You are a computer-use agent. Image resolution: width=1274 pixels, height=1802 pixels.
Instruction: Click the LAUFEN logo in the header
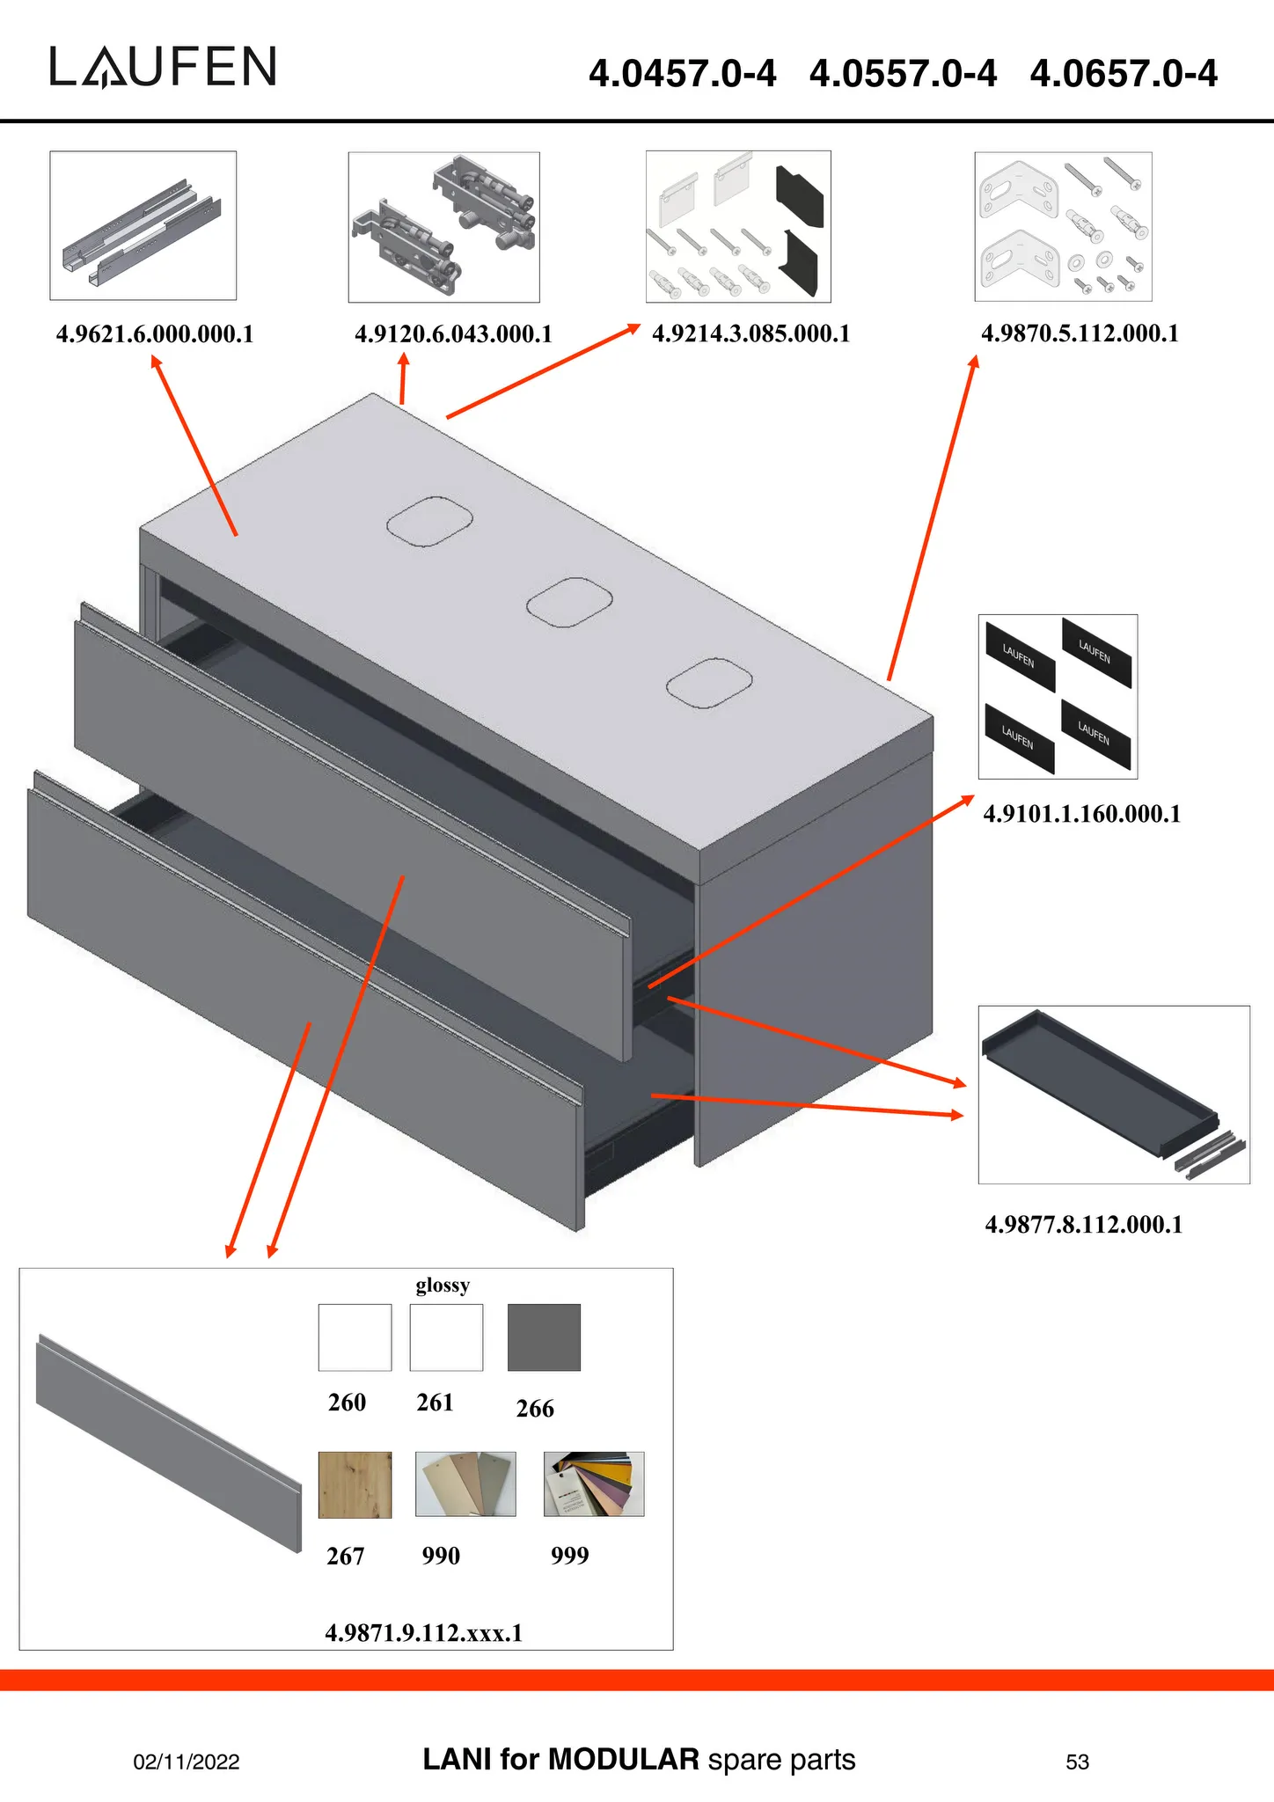pos(163,68)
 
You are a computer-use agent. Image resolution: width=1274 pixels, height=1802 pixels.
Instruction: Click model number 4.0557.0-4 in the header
pos(903,73)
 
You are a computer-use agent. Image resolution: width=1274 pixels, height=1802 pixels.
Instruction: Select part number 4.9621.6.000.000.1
pos(155,334)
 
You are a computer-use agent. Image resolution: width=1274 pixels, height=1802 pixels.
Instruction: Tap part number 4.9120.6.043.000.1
pos(453,334)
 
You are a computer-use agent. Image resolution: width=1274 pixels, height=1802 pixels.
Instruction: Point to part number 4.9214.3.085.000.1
pos(750,334)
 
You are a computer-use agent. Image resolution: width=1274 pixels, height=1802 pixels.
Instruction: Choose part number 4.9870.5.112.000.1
pos(1080,333)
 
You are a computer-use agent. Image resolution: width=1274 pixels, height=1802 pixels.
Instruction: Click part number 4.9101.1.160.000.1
pos(1081,814)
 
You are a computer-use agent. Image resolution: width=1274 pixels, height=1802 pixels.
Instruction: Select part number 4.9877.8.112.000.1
pos(1083,1225)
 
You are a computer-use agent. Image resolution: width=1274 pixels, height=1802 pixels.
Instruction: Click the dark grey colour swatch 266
pos(544,1337)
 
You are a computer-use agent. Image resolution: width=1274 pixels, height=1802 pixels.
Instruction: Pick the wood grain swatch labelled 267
pos(355,1485)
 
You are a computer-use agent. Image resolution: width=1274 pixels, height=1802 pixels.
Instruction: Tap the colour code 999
pos(569,1557)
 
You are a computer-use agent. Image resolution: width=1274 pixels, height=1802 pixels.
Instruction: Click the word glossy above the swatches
pos(443,1286)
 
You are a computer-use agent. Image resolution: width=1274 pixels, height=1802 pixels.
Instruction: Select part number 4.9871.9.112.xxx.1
pos(424,1634)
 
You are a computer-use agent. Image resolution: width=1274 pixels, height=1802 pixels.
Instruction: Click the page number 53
pos(1077,1762)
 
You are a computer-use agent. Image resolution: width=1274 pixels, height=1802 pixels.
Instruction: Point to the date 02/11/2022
pos(187,1762)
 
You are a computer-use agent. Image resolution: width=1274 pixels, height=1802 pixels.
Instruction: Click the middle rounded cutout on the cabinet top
pos(569,603)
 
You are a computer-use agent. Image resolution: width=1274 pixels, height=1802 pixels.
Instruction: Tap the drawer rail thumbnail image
pos(143,226)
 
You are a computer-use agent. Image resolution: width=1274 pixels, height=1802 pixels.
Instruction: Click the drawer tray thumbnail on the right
pos(1113,1095)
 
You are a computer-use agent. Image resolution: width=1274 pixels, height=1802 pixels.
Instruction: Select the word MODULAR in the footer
pos(623,1760)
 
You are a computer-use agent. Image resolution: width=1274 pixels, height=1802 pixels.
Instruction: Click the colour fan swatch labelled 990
pos(465,1484)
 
